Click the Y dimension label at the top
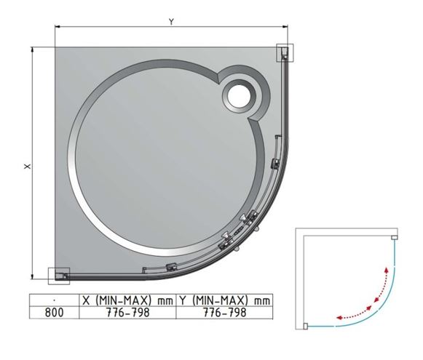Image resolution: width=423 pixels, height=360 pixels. (x=171, y=22)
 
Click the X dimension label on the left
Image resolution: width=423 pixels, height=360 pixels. (x=28, y=167)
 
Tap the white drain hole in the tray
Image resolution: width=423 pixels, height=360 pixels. (x=239, y=97)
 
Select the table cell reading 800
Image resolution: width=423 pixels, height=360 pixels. (x=54, y=312)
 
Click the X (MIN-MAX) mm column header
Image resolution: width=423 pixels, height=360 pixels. (x=127, y=300)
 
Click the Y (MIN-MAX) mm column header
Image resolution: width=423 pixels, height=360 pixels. (x=224, y=300)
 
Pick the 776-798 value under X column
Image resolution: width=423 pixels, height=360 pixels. (x=128, y=312)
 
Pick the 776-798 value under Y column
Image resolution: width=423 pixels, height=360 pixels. (x=225, y=312)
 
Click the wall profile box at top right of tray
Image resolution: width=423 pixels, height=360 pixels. (x=285, y=52)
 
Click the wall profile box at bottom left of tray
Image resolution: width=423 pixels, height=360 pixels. (x=59, y=276)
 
